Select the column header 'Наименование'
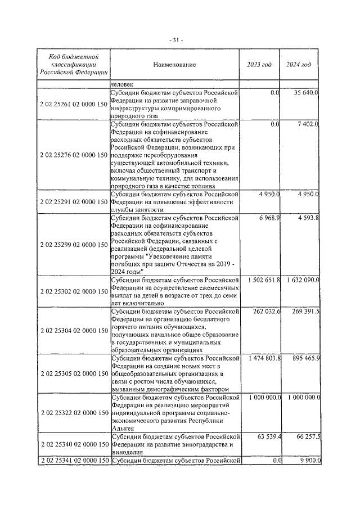174,65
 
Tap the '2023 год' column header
259,65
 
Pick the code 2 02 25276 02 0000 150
74,154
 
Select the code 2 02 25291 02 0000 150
74,201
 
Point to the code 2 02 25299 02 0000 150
74,245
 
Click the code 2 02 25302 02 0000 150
74,292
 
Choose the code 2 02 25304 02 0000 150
74,331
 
